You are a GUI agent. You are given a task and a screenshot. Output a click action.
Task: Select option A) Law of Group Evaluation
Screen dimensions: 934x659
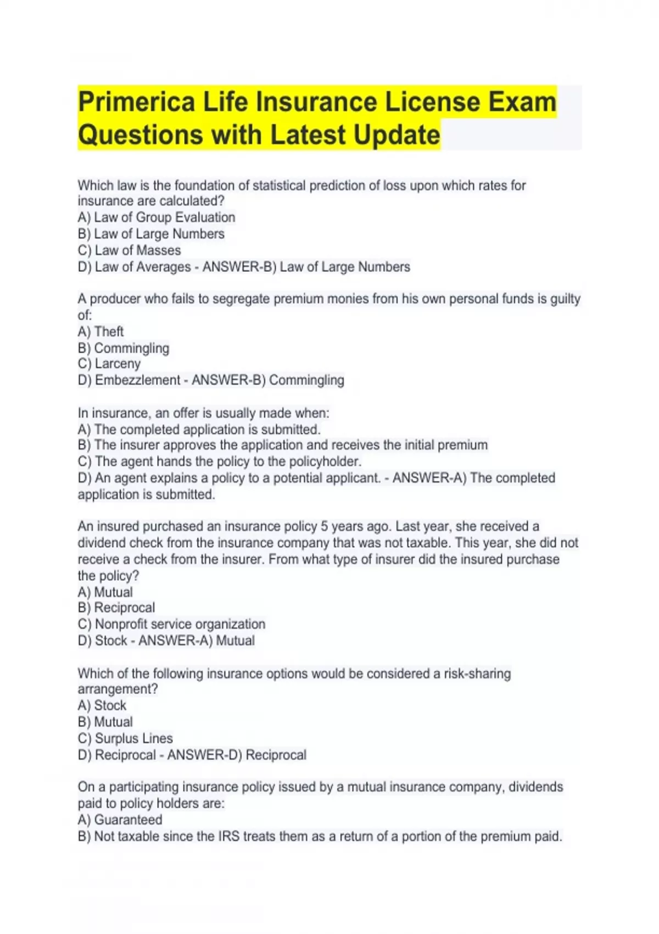coord(157,218)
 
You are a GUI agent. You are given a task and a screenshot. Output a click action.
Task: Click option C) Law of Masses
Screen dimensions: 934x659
coord(129,251)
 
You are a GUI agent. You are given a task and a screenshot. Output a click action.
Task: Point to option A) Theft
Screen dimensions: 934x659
coord(100,332)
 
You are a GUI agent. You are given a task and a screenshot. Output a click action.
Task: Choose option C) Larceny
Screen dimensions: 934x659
coord(109,364)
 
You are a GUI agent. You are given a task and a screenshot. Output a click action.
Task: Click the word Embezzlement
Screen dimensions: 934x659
coord(137,380)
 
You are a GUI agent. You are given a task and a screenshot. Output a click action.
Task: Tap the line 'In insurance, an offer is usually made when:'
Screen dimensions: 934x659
coord(203,413)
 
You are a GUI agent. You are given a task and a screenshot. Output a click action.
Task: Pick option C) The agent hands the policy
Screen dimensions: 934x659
coord(220,462)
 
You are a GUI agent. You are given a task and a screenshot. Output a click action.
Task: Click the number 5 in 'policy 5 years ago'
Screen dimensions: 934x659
coord(325,526)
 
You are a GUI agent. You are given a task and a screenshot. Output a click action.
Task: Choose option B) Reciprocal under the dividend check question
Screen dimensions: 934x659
coord(116,608)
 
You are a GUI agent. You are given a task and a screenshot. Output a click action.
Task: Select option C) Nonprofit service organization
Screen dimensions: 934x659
coord(171,624)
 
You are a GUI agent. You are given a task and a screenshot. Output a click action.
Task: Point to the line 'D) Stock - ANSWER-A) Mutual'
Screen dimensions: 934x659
coord(166,641)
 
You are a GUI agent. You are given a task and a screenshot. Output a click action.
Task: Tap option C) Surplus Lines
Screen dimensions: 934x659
coord(125,738)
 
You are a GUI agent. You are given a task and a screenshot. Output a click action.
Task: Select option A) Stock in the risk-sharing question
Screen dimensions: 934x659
coord(102,705)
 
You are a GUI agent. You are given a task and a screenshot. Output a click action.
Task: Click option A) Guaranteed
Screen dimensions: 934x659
coord(120,820)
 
